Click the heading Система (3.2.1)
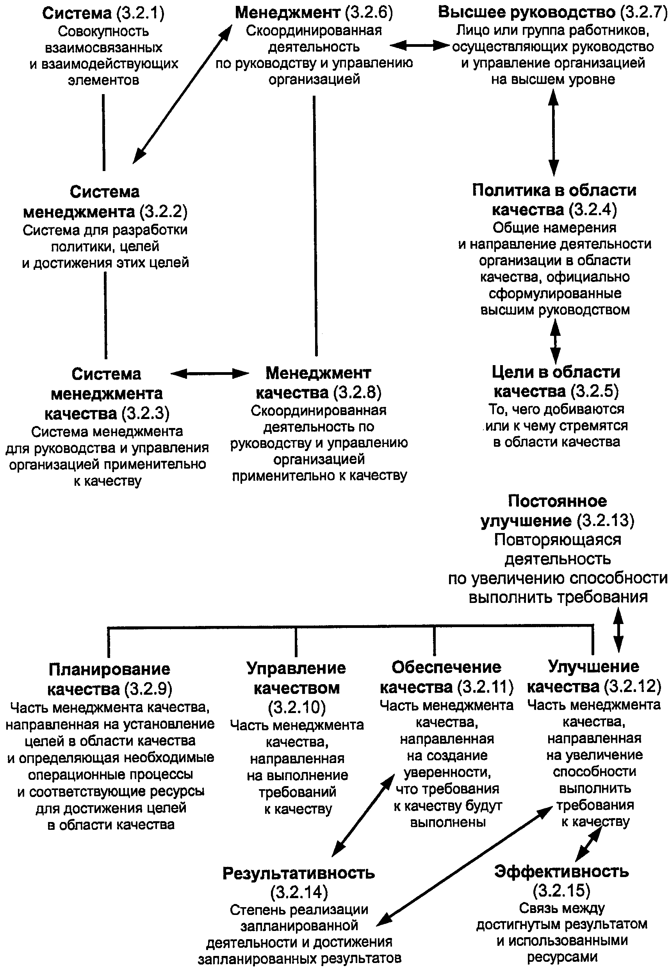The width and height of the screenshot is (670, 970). pos(103,13)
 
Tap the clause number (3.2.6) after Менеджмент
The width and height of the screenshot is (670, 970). pos(369,12)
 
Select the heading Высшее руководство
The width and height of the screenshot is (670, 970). pos(526,12)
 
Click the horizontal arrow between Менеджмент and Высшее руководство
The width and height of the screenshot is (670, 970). pos(419,45)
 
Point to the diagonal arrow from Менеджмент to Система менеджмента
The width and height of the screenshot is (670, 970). pos(183,93)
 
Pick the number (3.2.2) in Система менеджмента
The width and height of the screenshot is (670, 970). pos(163,212)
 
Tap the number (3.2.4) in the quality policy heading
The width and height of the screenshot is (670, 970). pos(593,209)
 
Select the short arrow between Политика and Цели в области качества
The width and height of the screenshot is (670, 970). pos(555,341)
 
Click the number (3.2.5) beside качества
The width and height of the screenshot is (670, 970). pos(594,391)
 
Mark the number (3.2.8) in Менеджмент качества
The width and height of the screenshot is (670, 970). pos(357,392)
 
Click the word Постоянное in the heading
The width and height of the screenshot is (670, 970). pos(557,501)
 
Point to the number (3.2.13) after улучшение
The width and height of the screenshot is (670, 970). pos(605,521)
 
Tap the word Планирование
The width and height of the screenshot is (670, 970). pos(109,669)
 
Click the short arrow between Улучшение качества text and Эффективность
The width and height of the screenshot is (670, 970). pos(588,845)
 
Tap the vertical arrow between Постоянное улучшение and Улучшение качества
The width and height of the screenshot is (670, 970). pos(618,630)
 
